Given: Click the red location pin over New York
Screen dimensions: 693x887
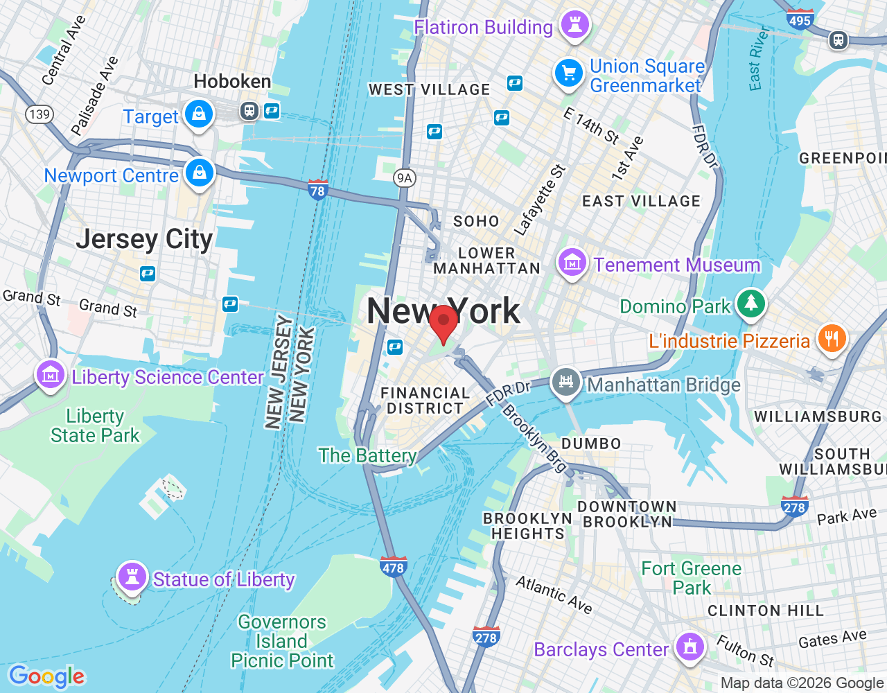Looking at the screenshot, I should (443, 322).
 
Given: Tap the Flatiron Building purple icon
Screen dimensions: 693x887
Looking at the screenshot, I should (574, 25).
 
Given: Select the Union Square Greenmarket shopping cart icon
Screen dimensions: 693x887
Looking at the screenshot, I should (569, 73).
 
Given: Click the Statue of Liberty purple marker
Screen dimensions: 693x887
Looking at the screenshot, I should (132, 576).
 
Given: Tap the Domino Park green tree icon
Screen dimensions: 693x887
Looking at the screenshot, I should (750, 304).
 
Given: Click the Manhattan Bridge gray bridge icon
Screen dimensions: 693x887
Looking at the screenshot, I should (566, 382).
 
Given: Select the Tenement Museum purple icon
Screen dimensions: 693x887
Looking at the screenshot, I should (572, 263).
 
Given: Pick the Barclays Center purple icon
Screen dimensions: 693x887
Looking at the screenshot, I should (690, 647).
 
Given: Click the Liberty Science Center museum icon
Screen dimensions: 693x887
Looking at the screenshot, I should (51, 376).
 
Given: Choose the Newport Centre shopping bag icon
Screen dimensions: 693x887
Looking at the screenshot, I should (200, 173).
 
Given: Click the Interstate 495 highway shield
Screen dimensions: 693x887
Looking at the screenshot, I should (800, 19).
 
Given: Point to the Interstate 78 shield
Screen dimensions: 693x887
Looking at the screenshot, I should (317, 189).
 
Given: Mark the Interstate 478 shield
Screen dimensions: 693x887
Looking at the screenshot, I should (393, 567).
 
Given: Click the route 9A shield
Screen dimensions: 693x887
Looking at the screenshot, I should (404, 178).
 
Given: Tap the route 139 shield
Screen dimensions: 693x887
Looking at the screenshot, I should (39, 114).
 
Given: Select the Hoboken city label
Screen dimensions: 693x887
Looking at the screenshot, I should (232, 82).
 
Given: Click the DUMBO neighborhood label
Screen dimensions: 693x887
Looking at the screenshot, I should (591, 444).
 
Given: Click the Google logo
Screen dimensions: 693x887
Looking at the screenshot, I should (47, 676).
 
